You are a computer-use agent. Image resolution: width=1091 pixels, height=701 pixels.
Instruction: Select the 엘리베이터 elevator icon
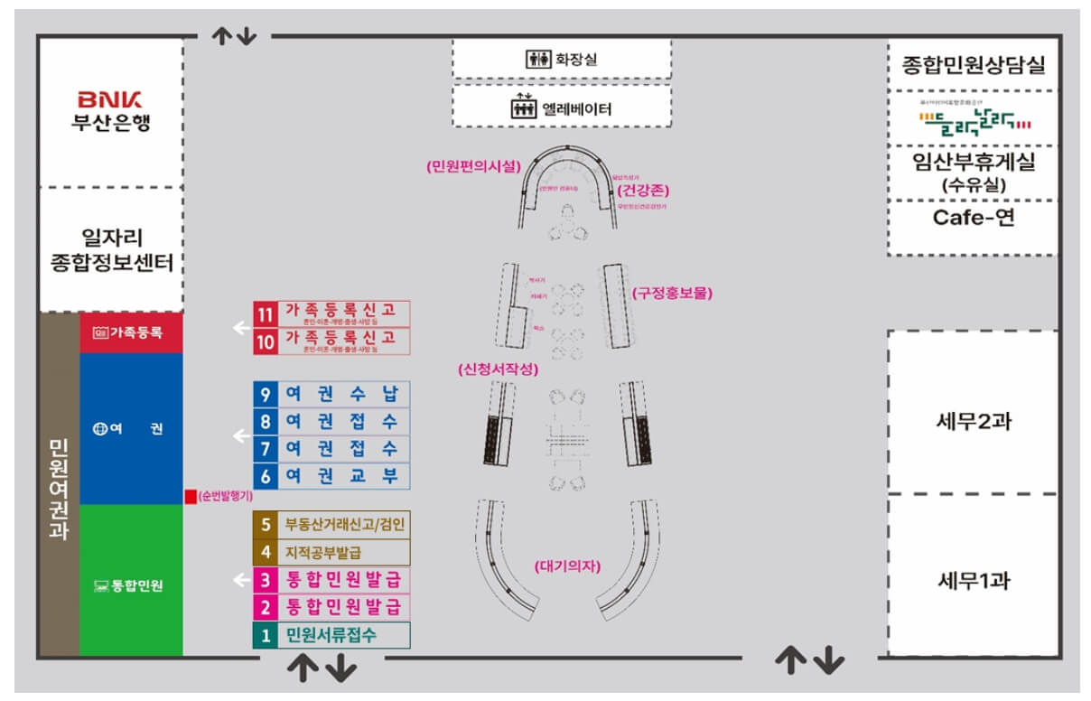[x=524, y=109]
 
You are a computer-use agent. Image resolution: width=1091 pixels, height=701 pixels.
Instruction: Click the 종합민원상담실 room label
[x=973, y=65]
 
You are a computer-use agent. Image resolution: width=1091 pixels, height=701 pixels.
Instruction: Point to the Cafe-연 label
[x=974, y=218]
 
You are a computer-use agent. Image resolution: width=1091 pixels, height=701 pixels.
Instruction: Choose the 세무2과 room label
[x=973, y=421]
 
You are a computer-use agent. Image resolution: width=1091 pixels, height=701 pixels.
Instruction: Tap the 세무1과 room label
[x=973, y=580]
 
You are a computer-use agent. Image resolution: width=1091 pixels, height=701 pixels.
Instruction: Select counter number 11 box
[x=265, y=313]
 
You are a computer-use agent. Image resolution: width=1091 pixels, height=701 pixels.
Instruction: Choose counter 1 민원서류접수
[x=331, y=635]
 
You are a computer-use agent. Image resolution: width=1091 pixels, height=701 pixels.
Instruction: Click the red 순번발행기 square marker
[x=190, y=496]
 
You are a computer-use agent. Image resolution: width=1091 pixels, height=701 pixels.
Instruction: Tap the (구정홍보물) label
[x=672, y=293]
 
